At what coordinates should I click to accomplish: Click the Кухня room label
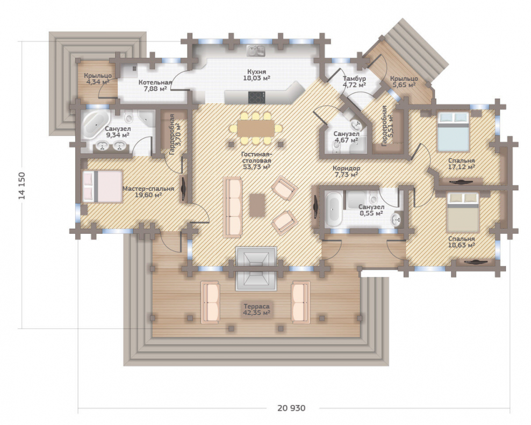(x=256, y=72)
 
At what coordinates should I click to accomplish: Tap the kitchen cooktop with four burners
(x=256, y=98)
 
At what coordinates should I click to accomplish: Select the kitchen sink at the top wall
(x=256, y=51)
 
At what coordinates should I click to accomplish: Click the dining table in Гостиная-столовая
(x=256, y=128)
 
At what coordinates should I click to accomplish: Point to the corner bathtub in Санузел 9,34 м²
(x=95, y=124)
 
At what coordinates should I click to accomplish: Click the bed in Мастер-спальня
(x=102, y=186)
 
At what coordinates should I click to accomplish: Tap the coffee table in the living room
(x=257, y=205)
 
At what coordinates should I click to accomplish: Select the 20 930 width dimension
(x=291, y=408)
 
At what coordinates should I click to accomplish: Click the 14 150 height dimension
(x=22, y=185)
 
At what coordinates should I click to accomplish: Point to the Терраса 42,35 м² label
(x=256, y=309)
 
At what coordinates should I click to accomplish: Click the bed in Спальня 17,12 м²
(x=453, y=132)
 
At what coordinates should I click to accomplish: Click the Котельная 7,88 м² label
(x=155, y=85)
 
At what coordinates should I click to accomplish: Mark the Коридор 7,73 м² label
(x=346, y=171)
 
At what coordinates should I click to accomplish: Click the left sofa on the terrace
(x=211, y=302)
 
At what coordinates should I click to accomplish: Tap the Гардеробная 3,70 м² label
(x=175, y=134)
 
